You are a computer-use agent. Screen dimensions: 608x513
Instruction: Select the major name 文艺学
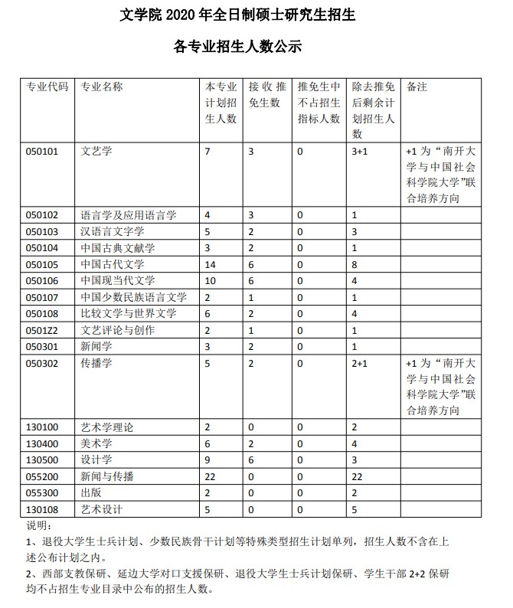pos(96,152)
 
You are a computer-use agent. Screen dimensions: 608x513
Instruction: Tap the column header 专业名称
pos(102,86)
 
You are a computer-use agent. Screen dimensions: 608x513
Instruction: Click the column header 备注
pos(417,86)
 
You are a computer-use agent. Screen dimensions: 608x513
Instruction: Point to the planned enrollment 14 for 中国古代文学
pos(211,264)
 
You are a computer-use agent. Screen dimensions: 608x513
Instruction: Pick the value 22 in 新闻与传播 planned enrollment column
pos(211,476)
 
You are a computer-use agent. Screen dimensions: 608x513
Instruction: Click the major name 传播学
pos(96,363)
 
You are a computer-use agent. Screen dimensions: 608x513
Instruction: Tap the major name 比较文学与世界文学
pos(129,313)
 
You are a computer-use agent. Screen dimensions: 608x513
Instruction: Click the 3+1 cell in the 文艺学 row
pos(360,152)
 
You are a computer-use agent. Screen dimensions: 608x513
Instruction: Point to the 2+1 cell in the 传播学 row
pos(360,363)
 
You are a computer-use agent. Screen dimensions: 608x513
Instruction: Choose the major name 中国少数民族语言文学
pos(134,297)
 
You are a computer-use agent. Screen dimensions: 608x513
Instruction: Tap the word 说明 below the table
pos(38,525)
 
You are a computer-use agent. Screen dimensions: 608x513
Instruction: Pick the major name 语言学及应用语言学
pos(129,215)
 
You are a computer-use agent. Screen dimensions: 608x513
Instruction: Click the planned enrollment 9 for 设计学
pos(208,459)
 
